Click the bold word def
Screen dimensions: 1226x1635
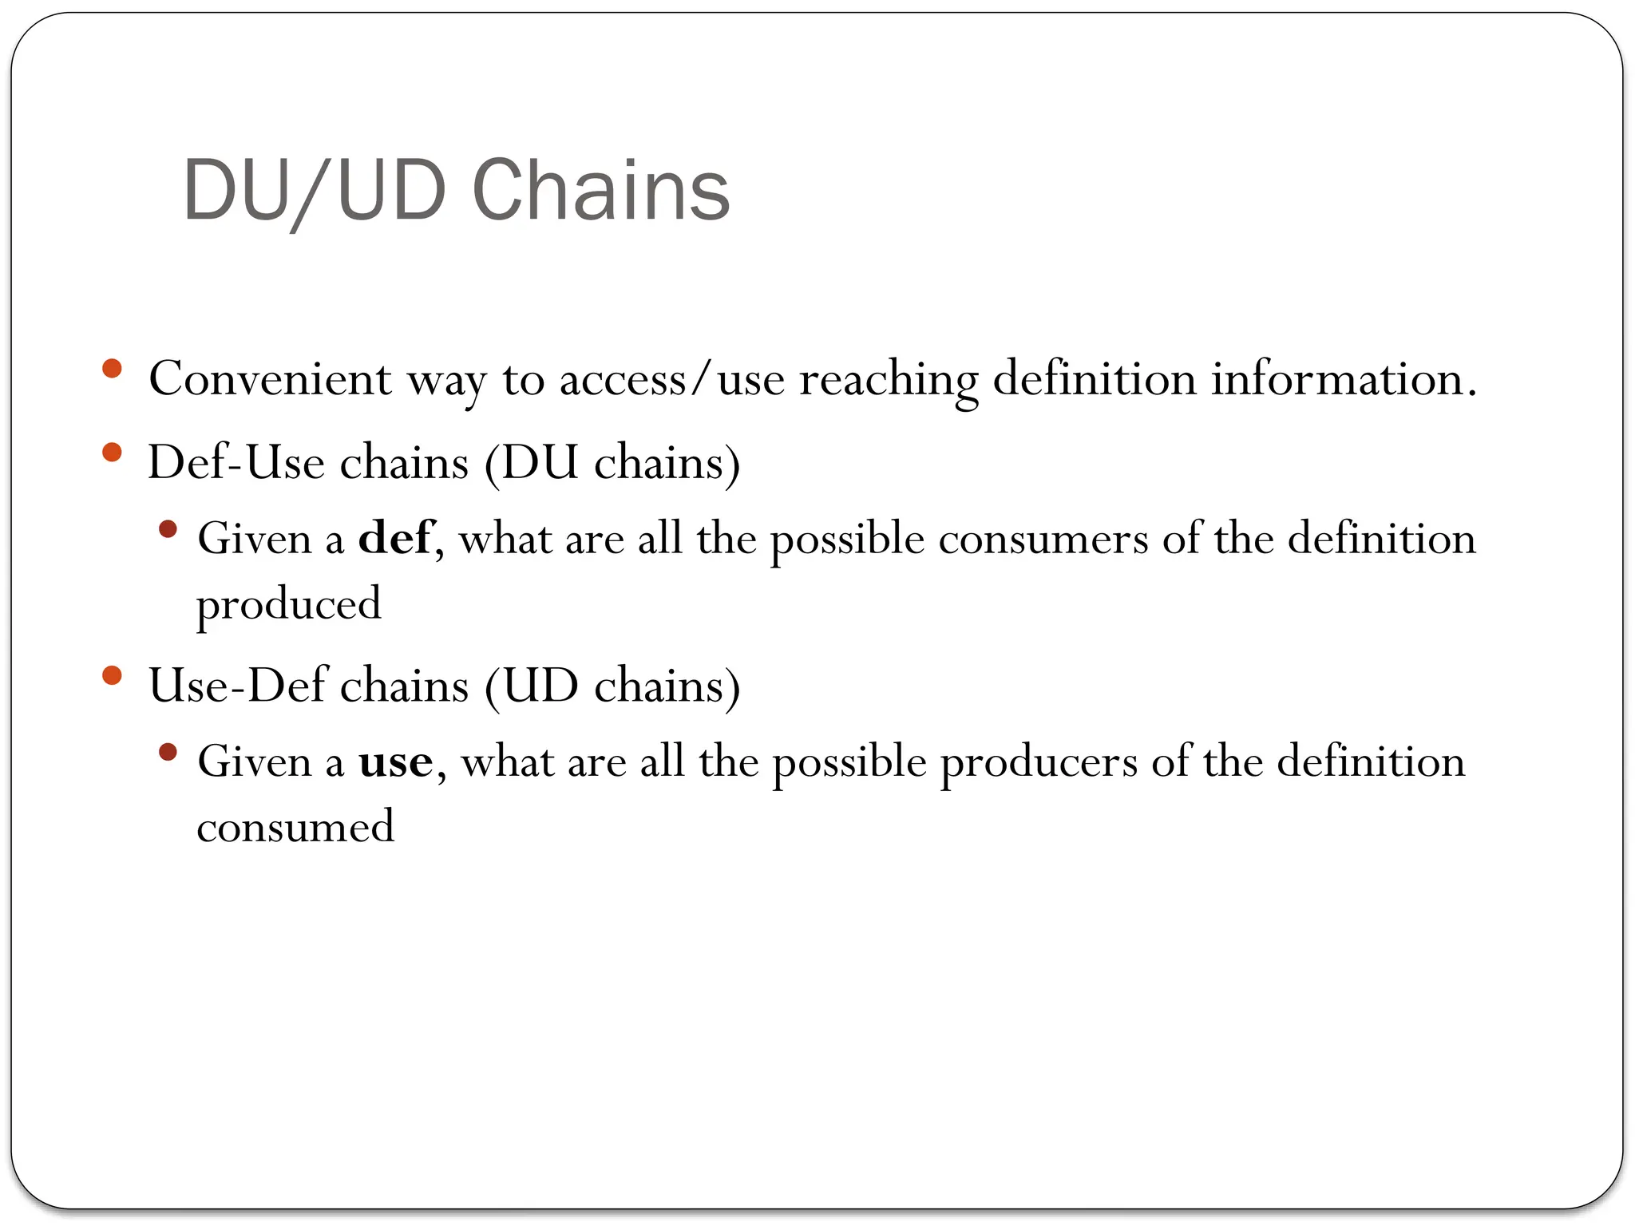click(395, 538)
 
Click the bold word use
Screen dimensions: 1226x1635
click(395, 761)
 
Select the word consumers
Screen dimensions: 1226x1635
click(1043, 539)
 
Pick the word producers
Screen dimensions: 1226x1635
click(1039, 761)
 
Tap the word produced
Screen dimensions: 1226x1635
click(289, 604)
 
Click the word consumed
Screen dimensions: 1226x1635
click(295, 827)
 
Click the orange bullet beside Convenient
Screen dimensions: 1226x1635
click(112, 369)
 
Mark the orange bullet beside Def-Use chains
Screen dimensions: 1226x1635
click(112, 453)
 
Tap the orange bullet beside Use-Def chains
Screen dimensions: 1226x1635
click(112, 676)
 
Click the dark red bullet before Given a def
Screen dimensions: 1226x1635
click(168, 528)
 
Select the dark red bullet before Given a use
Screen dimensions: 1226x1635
click(168, 752)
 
